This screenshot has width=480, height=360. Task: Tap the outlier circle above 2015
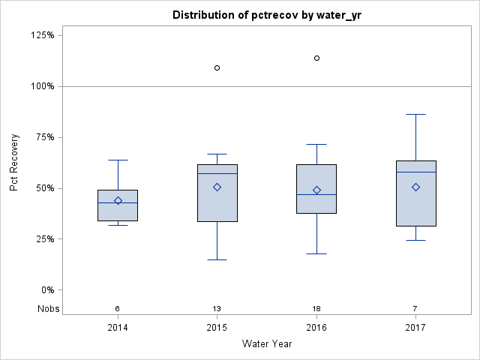[217, 67]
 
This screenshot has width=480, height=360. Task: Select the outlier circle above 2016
[316, 58]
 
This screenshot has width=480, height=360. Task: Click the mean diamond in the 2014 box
[118, 200]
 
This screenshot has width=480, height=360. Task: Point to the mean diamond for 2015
[217, 187]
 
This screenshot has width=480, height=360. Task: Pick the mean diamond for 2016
[316, 190]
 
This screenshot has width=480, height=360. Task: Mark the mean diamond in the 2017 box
[415, 187]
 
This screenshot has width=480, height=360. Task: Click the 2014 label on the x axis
[118, 328]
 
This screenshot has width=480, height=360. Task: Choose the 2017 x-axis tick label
[415, 328]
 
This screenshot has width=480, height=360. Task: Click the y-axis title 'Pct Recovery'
[14, 163]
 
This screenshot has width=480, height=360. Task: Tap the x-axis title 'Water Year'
[266, 344]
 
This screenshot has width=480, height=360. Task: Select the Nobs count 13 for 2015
[217, 308]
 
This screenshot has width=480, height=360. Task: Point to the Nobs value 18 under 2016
[316, 308]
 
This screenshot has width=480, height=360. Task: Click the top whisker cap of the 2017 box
[415, 114]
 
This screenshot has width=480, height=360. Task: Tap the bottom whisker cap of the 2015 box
[217, 259]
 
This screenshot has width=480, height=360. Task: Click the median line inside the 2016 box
[316, 194]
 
